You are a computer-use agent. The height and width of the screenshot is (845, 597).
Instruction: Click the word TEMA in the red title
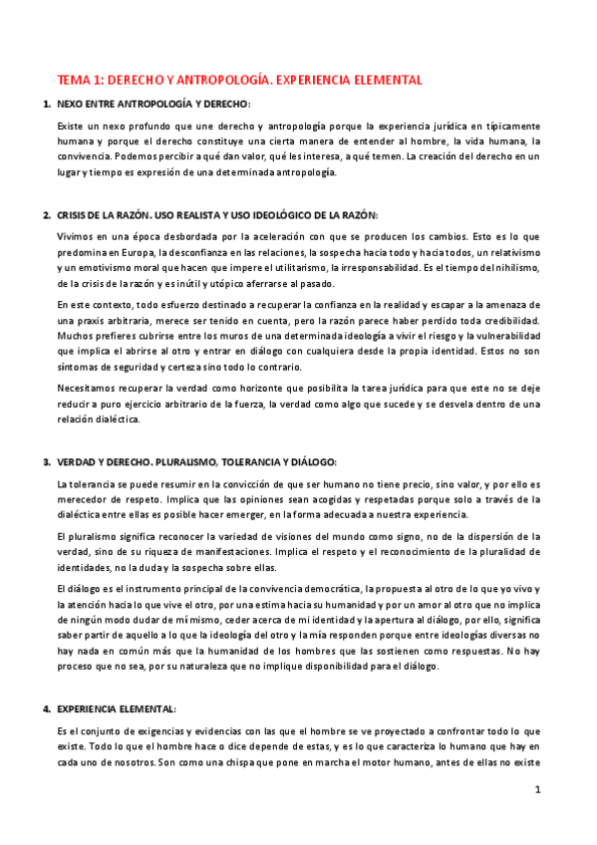[x=73, y=79]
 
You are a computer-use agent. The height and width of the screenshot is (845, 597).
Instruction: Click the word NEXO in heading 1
[x=71, y=104]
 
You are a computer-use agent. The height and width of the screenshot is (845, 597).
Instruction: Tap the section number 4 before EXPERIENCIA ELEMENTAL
[x=46, y=708]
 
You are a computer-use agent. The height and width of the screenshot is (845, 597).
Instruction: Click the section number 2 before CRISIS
[x=46, y=215]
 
